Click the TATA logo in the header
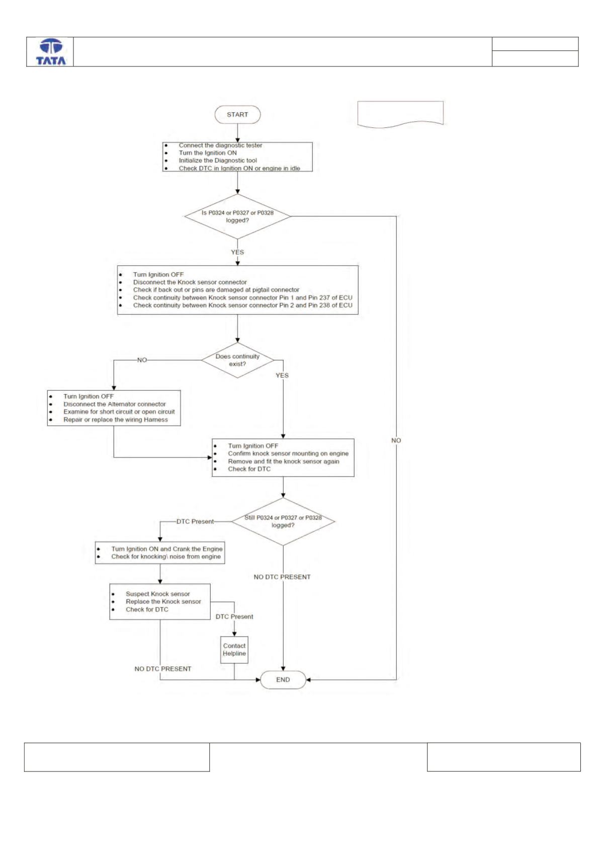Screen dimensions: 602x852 51,52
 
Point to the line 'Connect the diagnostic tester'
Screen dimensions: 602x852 220,145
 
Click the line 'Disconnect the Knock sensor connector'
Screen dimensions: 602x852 190,282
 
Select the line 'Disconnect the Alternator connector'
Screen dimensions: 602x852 114,404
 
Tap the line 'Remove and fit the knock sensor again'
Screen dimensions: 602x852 284,461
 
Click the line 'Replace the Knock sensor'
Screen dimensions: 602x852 163,601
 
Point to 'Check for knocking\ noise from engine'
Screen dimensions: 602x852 165,557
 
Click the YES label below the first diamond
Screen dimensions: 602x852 237,252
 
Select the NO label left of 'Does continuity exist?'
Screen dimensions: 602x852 142,360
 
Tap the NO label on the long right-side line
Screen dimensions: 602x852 396,440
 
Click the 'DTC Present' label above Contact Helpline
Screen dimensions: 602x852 234,616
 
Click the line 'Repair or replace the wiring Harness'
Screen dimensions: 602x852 116,420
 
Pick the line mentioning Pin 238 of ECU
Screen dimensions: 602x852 243,305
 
